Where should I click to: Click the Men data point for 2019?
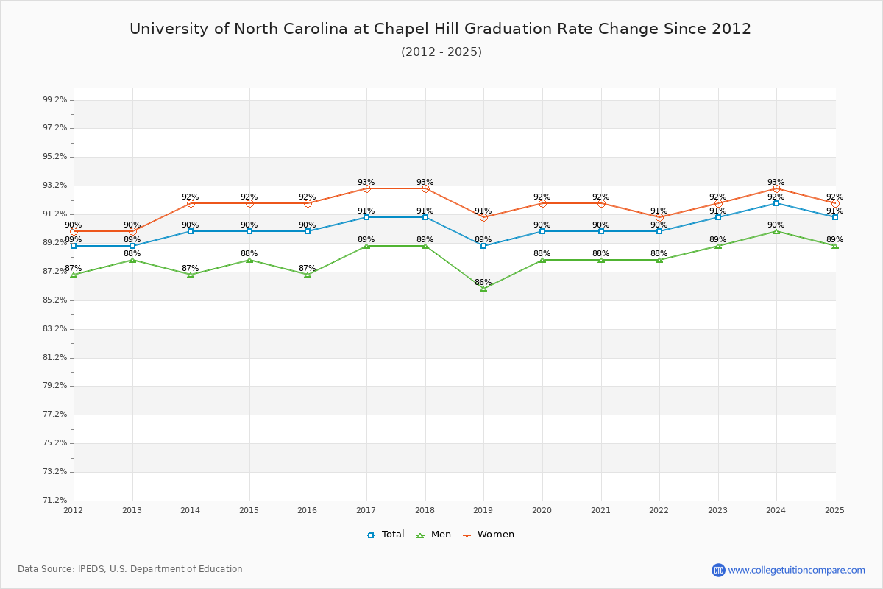point(483,289)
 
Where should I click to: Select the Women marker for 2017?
point(366,188)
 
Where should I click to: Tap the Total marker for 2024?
point(776,202)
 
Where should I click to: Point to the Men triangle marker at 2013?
point(132,260)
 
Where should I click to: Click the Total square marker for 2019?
point(483,245)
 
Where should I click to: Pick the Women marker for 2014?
point(191,203)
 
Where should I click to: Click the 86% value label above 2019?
point(483,282)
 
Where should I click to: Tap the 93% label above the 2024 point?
point(776,182)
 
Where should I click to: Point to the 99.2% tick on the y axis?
point(55,99)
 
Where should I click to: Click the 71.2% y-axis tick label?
point(55,500)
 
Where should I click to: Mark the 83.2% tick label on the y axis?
point(55,328)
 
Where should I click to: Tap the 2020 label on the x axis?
point(542,510)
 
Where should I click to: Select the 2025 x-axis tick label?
point(834,510)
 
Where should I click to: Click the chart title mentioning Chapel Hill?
point(440,29)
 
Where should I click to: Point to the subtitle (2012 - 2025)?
point(441,52)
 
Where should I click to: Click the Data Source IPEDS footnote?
point(130,569)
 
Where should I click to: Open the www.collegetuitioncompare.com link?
point(796,570)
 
